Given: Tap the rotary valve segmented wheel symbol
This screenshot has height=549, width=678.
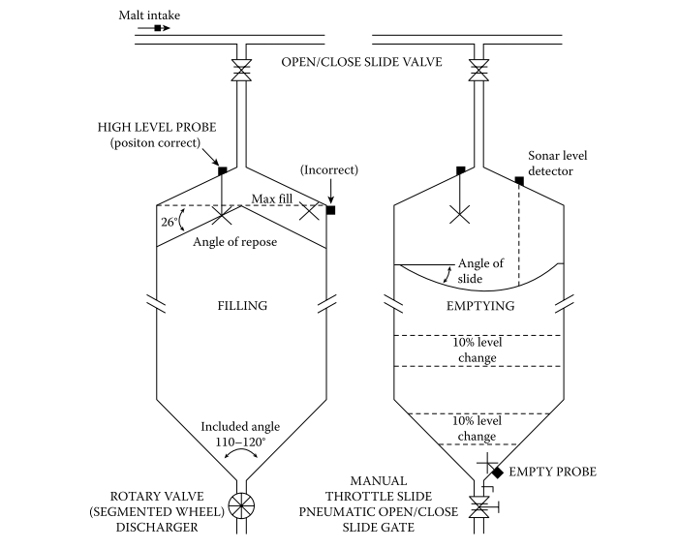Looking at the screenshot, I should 238,507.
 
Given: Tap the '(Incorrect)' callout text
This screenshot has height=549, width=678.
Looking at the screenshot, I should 329,169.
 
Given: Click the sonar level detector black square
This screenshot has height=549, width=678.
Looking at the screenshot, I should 519,181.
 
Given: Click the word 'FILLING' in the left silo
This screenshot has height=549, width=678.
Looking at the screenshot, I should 240,306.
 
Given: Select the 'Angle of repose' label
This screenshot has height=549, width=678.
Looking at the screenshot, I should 236,242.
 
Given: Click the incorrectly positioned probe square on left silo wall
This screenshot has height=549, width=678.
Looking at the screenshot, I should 330,209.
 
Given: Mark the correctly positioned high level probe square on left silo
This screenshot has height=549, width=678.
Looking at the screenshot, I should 222,171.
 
